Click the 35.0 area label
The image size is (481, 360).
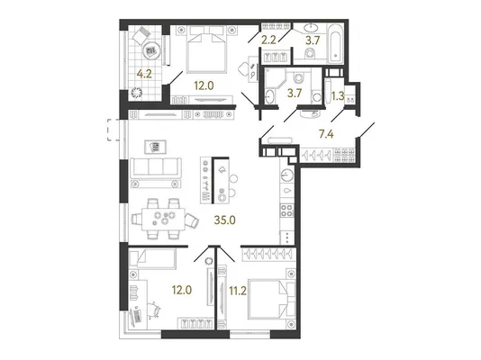pos(225,220)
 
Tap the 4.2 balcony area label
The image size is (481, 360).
pos(144,74)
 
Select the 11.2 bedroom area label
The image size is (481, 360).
pos(238,291)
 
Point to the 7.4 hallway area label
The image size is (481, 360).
pos(326,134)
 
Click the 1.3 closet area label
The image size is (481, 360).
pos(338,96)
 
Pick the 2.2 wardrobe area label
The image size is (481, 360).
pos(268,40)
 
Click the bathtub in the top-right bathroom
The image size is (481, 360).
pos(334,43)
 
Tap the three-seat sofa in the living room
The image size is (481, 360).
pos(156,167)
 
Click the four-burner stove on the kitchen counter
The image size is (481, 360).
pos(287,211)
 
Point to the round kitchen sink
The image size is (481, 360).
pos(287,175)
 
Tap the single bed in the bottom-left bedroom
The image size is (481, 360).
pos(152,257)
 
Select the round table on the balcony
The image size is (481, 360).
pos(151,49)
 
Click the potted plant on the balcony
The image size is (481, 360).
pos(137,93)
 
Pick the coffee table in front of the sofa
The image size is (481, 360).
pos(156,147)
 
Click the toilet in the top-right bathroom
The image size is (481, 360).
pos(311,54)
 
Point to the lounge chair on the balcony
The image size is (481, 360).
pos(141,36)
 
